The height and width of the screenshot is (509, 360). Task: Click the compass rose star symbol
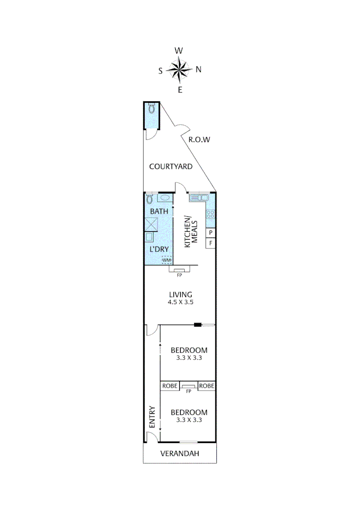tap(180, 70)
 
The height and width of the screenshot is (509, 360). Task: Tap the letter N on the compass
tap(198, 70)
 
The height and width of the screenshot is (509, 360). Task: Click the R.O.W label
tap(199, 140)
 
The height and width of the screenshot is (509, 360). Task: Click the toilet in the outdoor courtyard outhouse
tap(151, 109)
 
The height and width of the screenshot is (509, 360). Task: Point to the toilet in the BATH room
tap(149, 198)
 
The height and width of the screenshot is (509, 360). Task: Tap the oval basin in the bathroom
tap(164, 198)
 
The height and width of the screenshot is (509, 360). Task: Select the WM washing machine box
tap(166, 260)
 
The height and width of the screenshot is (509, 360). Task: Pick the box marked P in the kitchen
tap(211, 233)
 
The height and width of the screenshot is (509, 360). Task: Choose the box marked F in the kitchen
tap(211, 243)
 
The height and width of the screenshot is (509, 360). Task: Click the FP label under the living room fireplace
tap(179, 275)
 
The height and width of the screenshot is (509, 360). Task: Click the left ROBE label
tap(170, 386)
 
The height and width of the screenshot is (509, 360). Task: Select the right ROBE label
tap(207, 386)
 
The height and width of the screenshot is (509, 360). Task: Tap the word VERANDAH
tap(180, 454)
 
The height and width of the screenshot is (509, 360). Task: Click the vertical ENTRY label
tap(152, 417)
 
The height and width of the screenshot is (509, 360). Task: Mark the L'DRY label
tap(158, 249)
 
